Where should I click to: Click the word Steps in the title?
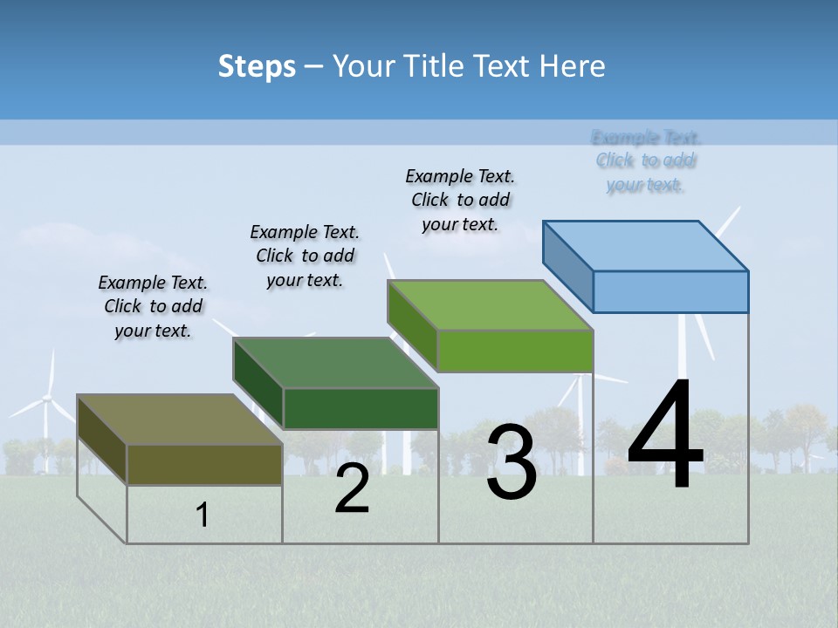[x=257, y=66]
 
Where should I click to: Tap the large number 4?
[x=665, y=436]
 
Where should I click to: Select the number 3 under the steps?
[x=512, y=462]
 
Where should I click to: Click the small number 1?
[x=203, y=515]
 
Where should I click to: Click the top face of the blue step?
[x=646, y=246]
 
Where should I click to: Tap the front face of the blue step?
[x=670, y=291]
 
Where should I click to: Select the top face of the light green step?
[x=491, y=305]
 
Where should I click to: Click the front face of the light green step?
[x=515, y=351]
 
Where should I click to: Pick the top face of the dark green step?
[x=336, y=363]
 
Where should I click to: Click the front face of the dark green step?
[x=361, y=408]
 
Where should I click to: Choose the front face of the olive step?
[x=204, y=464]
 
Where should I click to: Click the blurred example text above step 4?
[x=645, y=160]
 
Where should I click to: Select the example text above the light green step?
[x=460, y=200]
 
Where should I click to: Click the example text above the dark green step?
[x=305, y=256]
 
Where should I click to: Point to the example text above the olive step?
[x=153, y=306]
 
